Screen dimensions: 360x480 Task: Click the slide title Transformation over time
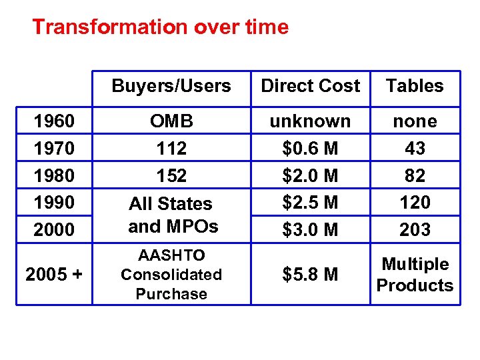(x=160, y=27)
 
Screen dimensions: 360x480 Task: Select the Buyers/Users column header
(x=171, y=86)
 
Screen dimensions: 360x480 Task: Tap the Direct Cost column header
(x=310, y=86)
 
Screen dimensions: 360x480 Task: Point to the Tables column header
(x=415, y=86)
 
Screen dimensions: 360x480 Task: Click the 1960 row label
(x=54, y=121)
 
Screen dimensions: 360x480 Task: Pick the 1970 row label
(x=54, y=148)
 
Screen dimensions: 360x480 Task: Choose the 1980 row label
(x=54, y=175)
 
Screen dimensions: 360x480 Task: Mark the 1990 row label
(x=54, y=202)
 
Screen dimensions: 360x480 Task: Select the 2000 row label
(x=54, y=230)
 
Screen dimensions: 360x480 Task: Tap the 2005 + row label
(x=54, y=275)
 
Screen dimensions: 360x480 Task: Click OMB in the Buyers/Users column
(x=171, y=121)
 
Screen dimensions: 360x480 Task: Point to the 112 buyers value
(x=171, y=148)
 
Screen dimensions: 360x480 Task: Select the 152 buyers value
(x=171, y=175)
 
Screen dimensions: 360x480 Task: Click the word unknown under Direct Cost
(x=310, y=121)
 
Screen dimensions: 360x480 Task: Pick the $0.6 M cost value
(x=310, y=148)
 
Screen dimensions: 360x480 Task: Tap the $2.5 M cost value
(x=310, y=202)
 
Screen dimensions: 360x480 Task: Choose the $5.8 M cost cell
(x=310, y=275)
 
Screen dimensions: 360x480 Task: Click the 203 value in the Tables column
(x=415, y=230)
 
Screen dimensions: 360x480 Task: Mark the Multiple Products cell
(x=415, y=275)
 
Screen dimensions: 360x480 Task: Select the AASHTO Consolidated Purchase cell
(x=171, y=275)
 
